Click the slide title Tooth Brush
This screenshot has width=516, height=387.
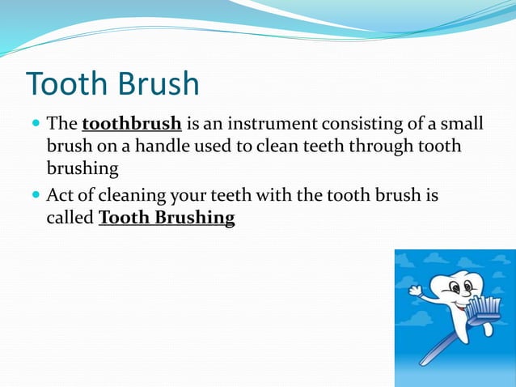pyautogui.click(x=112, y=84)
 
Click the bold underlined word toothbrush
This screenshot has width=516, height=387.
pyautogui.click(x=131, y=125)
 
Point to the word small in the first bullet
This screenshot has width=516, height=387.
pyautogui.click(x=462, y=125)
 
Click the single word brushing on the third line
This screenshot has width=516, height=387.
pyautogui.click(x=82, y=168)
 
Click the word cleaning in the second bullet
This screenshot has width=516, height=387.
pyautogui.click(x=130, y=196)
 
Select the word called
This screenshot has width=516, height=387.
pyautogui.click(x=70, y=219)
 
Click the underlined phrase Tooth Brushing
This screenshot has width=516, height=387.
pyautogui.click(x=167, y=219)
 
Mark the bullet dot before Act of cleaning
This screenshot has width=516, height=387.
pyautogui.click(x=35, y=197)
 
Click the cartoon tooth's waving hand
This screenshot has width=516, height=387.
pyautogui.click(x=416, y=289)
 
